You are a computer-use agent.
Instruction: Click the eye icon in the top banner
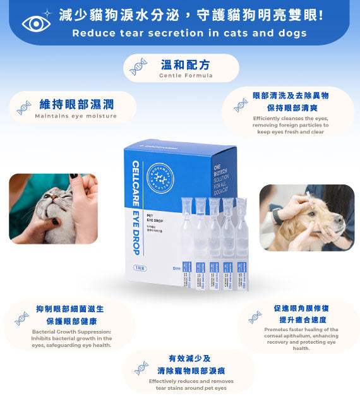(x=35, y=23)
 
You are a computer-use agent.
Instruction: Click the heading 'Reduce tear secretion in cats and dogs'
(x=189, y=33)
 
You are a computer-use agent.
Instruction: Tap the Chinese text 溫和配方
(x=185, y=64)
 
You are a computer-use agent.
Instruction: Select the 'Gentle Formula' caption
(x=185, y=75)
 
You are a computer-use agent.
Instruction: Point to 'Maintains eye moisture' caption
(x=75, y=116)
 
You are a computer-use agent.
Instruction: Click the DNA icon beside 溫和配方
(x=138, y=67)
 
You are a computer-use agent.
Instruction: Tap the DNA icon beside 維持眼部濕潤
(x=24, y=107)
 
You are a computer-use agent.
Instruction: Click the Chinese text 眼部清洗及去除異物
(x=291, y=95)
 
